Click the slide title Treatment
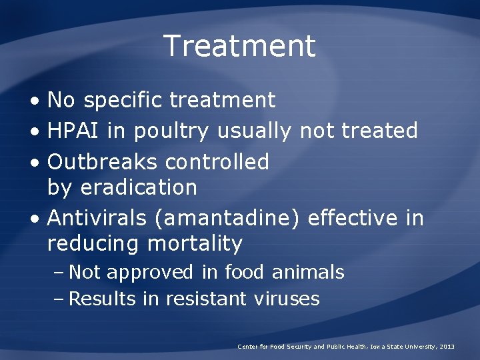click(239, 46)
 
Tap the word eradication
click(138, 187)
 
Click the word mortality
click(195, 244)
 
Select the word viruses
click(287, 299)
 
